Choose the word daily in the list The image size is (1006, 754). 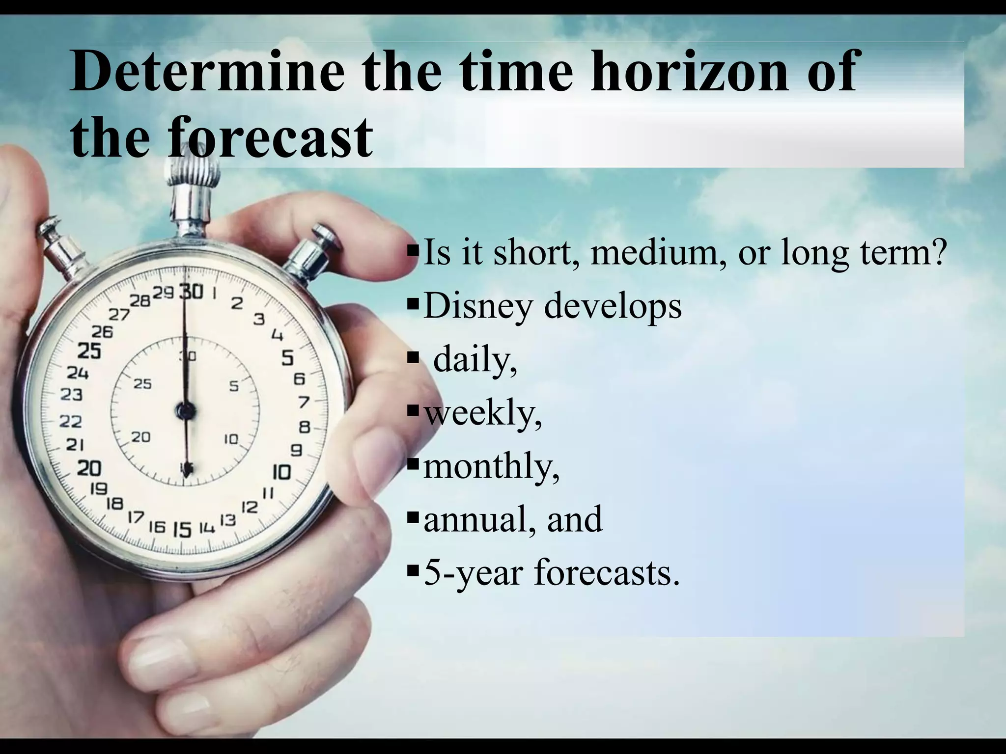click(x=475, y=360)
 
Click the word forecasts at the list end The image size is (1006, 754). click(x=607, y=572)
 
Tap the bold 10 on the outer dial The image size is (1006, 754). click(x=281, y=472)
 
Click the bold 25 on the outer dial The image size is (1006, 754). click(x=89, y=351)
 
